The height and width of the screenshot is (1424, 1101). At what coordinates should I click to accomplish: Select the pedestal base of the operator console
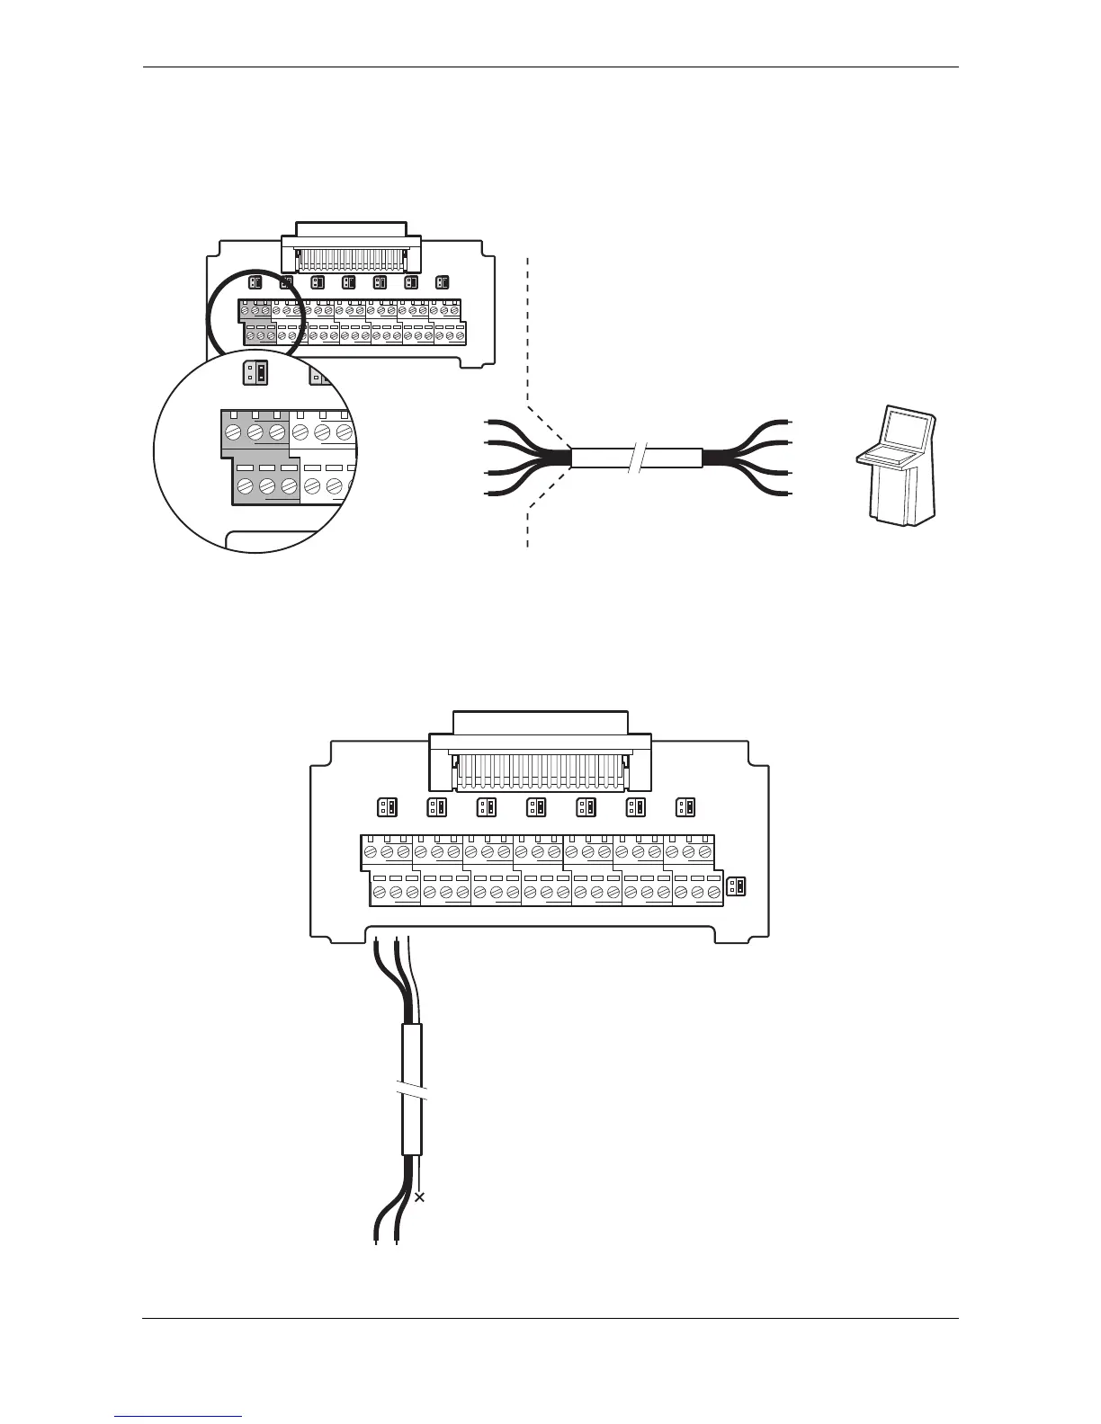point(900,499)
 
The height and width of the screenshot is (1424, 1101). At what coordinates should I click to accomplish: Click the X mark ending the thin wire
point(418,1197)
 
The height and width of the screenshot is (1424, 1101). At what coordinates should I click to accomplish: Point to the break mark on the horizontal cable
point(636,458)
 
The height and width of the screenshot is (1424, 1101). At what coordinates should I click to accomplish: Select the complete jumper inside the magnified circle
point(255,372)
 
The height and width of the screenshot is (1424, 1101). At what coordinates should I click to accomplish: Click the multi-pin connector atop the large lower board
point(542,765)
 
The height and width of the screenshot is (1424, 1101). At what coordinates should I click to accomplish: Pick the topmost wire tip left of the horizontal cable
point(488,421)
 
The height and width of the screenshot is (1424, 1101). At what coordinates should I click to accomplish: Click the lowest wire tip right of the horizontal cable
point(788,494)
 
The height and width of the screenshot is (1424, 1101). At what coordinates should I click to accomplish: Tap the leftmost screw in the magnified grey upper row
point(232,433)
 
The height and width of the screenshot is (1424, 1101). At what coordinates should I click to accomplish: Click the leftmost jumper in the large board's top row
point(386,806)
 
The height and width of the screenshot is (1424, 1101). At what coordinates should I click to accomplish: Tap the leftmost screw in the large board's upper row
point(371,851)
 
